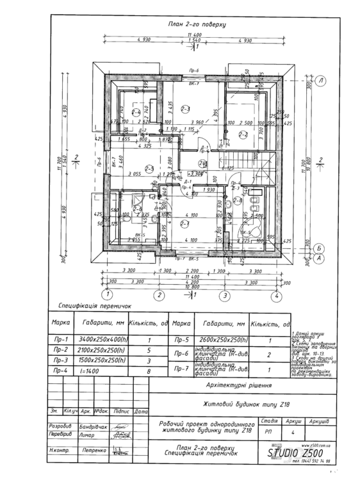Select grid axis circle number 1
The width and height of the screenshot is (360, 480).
pos(108,295)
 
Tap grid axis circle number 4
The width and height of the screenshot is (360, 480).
pos(275,295)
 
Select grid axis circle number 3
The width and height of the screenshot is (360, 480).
pos(225,295)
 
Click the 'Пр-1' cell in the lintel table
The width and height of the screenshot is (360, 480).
pos(61,340)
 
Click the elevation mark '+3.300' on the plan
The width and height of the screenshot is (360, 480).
pos(195,173)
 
